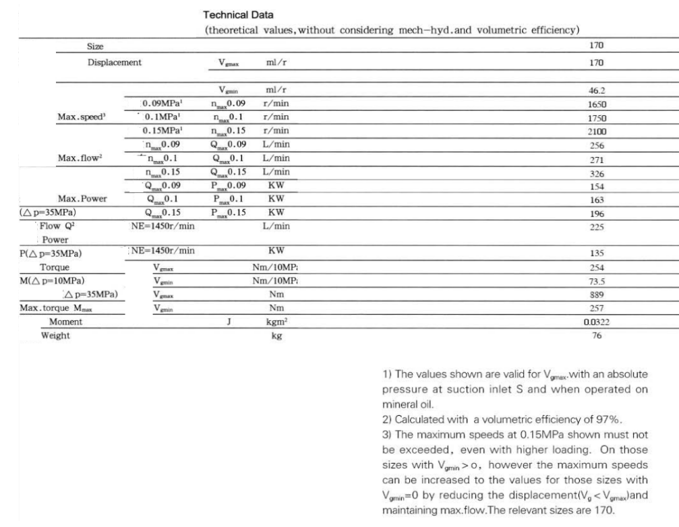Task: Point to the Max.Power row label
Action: pyautogui.click(x=83, y=199)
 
